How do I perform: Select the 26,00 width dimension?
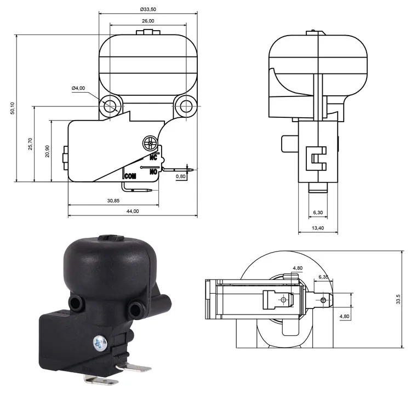coord(147,21)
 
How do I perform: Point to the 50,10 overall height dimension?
coord(12,109)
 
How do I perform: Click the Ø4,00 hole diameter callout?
coord(78,88)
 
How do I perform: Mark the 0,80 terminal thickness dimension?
coord(180,176)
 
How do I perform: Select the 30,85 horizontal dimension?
coord(113,201)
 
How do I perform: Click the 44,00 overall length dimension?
coord(132,212)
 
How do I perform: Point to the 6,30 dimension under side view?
coord(317,212)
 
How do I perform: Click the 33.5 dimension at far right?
coord(398,299)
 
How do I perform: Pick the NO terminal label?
coord(153,171)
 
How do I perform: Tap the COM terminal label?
coord(130,176)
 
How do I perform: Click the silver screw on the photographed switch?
coord(99,344)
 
